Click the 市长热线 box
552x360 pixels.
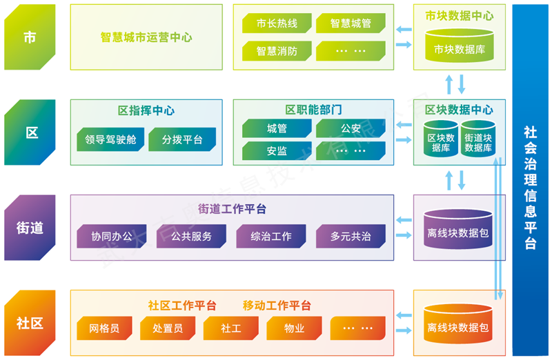coord(277,23)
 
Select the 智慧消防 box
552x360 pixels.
coord(277,51)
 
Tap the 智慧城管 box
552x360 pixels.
coord(351,23)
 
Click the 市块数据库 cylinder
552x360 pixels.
coord(460,46)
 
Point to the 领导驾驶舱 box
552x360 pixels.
coord(110,139)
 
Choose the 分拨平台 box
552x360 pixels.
coord(182,139)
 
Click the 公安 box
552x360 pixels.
coord(351,128)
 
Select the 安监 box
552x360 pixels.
coord(277,150)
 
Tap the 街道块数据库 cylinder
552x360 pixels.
coord(478,139)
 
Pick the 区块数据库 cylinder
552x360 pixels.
coord(441,139)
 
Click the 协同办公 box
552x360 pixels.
coord(112,236)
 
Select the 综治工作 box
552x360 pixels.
coord(271,236)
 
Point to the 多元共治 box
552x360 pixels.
coord(351,236)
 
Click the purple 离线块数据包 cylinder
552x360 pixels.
coord(458,230)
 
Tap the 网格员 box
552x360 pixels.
coord(104,328)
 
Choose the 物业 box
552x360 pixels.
coord(295,328)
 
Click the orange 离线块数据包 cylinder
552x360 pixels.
coord(458,324)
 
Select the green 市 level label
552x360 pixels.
coord(30,37)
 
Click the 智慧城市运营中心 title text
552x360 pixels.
coord(146,37)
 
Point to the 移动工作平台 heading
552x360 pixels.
coord(277,306)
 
